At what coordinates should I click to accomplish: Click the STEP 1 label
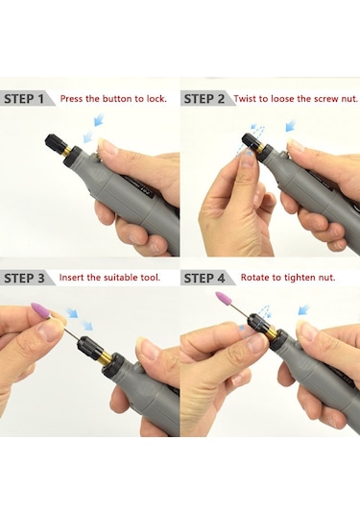tap(24, 99)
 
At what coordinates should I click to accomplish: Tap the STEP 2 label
tap(204, 99)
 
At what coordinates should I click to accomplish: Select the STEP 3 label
tap(24, 278)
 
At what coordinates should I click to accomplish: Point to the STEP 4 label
tap(204, 278)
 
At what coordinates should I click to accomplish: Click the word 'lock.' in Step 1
tap(156, 99)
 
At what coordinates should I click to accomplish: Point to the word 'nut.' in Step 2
tap(349, 99)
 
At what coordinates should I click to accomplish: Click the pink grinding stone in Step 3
tap(40, 309)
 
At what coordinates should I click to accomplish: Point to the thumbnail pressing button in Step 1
tap(108, 146)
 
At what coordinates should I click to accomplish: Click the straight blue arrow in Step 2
tap(291, 126)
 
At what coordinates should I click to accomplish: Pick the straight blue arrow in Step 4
tap(304, 309)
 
